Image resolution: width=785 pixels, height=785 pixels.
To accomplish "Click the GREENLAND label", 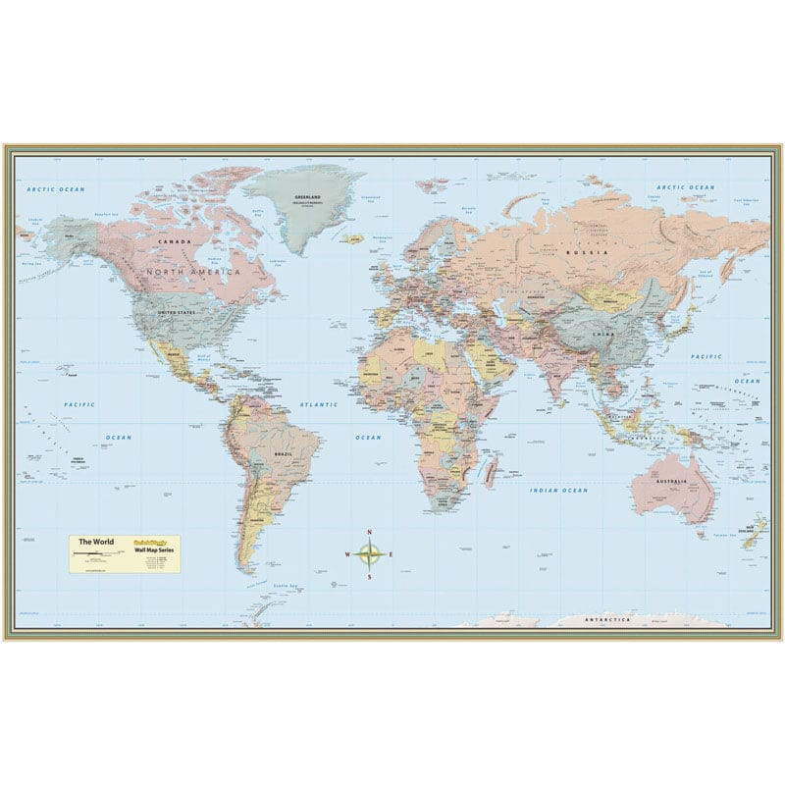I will [x=308, y=197].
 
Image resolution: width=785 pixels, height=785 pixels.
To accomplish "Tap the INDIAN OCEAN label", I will [x=559, y=490].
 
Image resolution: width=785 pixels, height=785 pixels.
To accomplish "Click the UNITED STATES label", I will [x=179, y=312].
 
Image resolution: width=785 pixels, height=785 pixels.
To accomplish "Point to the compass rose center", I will [x=369, y=554].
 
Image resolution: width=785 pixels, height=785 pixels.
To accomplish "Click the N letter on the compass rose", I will [x=369, y=534].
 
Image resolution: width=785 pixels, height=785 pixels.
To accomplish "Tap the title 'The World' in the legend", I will [x=96, y=543].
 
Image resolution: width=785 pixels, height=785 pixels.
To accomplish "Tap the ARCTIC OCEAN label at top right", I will [x=686, y=186].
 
